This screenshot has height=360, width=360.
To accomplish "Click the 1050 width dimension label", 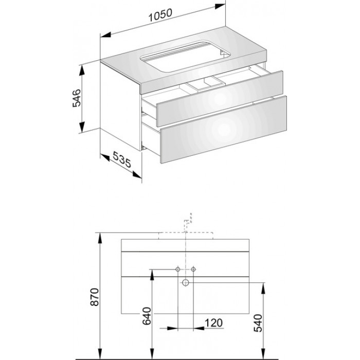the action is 160,15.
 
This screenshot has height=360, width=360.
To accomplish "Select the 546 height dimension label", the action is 77,98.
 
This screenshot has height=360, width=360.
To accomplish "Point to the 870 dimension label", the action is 95,297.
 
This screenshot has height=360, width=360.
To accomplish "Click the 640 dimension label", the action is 147,316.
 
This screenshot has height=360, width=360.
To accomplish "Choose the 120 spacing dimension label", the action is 213,323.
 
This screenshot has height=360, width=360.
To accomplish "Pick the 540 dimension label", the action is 258,323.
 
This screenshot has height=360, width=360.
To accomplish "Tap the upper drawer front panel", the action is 220,99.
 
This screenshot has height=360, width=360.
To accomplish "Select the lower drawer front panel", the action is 224,130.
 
